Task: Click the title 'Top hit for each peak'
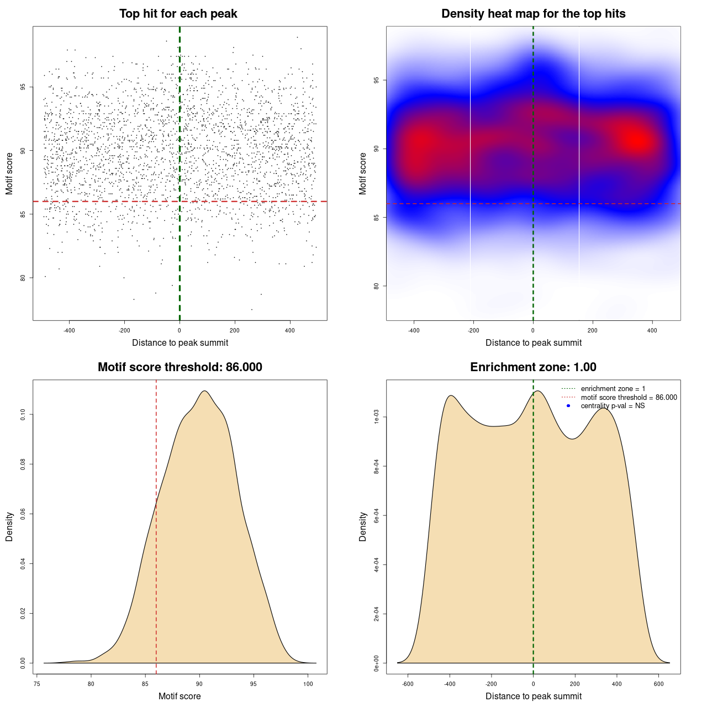tap(178, 14)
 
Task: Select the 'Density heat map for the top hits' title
tap(533, 14)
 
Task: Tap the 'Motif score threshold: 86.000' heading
tap(180, 367)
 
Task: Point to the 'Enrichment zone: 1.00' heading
tap(533, 367)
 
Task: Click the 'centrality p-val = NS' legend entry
tap(613, 406)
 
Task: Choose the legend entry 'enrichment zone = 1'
tap(613, 389)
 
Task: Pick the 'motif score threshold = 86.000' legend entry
tap(629, 398)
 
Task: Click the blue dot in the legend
tap(568, 406)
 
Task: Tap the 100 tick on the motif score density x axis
tap(308, 684)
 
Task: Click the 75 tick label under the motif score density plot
tap(36, 684)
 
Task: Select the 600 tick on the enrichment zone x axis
tap(659, 684)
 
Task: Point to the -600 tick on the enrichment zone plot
tap(408, 684)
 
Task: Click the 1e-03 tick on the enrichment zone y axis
tap(377, 418)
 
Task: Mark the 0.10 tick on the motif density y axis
tap(23, 414)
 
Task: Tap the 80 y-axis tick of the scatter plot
tap(23, 278)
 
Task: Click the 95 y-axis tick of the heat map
tap(377, 80)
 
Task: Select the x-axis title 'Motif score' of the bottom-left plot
tap(180, 696)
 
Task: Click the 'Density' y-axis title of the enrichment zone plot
tap(363, 526)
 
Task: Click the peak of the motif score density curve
tap(204, 391)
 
